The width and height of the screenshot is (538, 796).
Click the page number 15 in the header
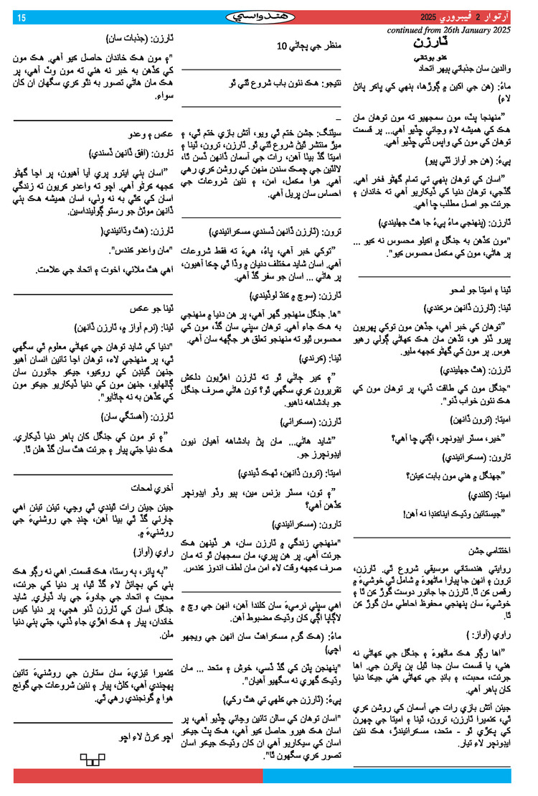point(22,18)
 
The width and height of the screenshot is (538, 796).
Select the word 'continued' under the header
point(412,31)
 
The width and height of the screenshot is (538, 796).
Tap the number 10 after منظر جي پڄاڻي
point(282,45)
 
